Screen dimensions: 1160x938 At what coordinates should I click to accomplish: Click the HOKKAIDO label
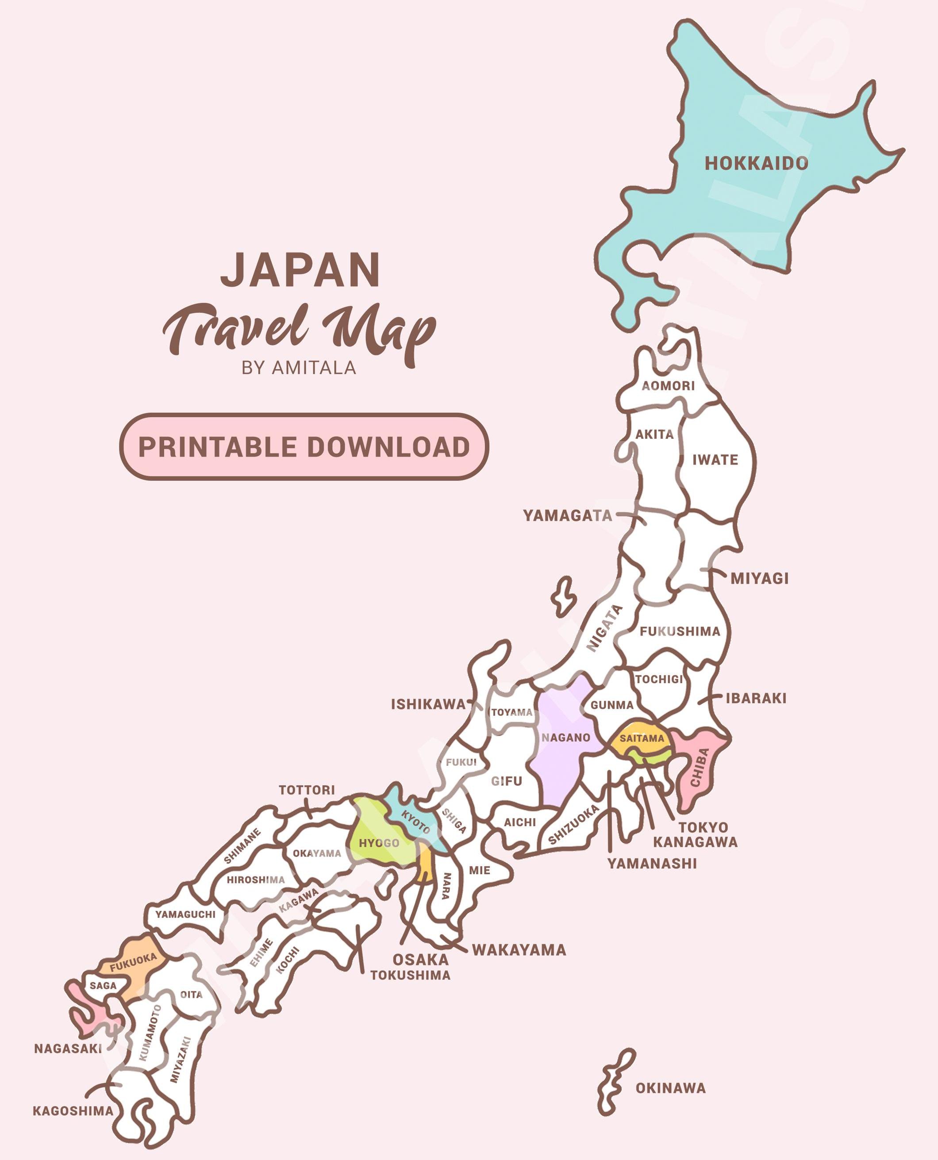(756, 163)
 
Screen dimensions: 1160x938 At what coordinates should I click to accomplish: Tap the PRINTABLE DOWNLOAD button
(304, 447)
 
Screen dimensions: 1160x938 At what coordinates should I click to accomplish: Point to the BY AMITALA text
(299, 367)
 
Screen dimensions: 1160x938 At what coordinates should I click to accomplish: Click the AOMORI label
(669, 386)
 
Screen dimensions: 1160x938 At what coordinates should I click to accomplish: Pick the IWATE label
(715, 460)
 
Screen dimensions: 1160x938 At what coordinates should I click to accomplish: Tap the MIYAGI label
(759, 578)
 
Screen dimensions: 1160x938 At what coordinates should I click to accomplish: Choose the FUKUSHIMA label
(680, 631)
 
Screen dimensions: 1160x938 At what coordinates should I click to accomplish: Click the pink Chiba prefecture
(700, 767)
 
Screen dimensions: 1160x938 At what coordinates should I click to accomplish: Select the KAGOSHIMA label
(73, 1111)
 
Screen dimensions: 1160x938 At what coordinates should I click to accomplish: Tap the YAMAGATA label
(567, 515)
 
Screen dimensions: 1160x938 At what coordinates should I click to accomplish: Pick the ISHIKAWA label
(428, 704)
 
